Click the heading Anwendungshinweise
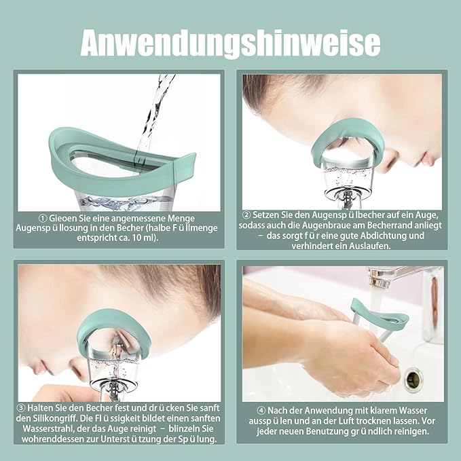[231, 43]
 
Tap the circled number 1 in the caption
[43, 219]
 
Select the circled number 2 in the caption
[246, 215]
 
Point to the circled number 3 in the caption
[21, 408]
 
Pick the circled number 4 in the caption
[261, 411]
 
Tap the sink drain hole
[413, 378]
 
